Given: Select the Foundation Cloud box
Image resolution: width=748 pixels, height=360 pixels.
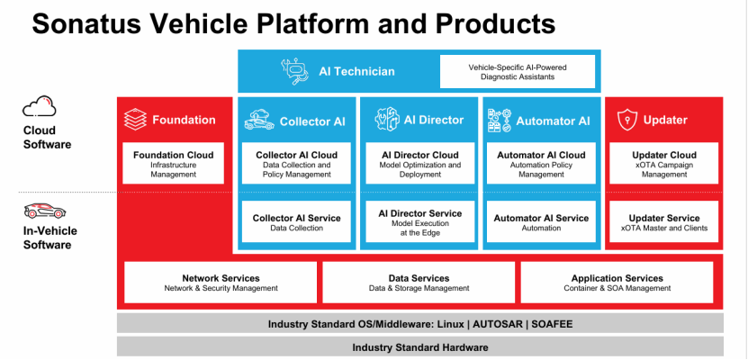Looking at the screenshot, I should pyautogui.click(x=174, y=163).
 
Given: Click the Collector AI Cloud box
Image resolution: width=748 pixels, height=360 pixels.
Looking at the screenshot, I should pyautogui.click(x=296, y=163).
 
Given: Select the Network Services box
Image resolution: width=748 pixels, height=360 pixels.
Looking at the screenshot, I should pyautogui.click(x=221, y=283).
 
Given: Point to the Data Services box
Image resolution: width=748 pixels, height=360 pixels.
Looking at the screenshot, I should pyautogui.click(x=419, y=283).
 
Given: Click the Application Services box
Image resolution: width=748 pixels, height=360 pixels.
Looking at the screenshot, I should pyautogui.click(x=617, y=283).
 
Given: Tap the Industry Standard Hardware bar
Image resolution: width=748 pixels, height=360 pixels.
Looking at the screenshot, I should pyautogui.click(x=420, y=346).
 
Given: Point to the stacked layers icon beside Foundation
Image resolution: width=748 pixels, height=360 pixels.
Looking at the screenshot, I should pyautogui.click(x=136, y=120).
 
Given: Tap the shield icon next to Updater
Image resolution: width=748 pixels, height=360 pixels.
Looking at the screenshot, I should pyautogui.click(x=626, y=120).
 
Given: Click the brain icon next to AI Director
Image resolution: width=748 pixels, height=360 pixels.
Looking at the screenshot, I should pyautogui.click(x=383, y=120).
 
